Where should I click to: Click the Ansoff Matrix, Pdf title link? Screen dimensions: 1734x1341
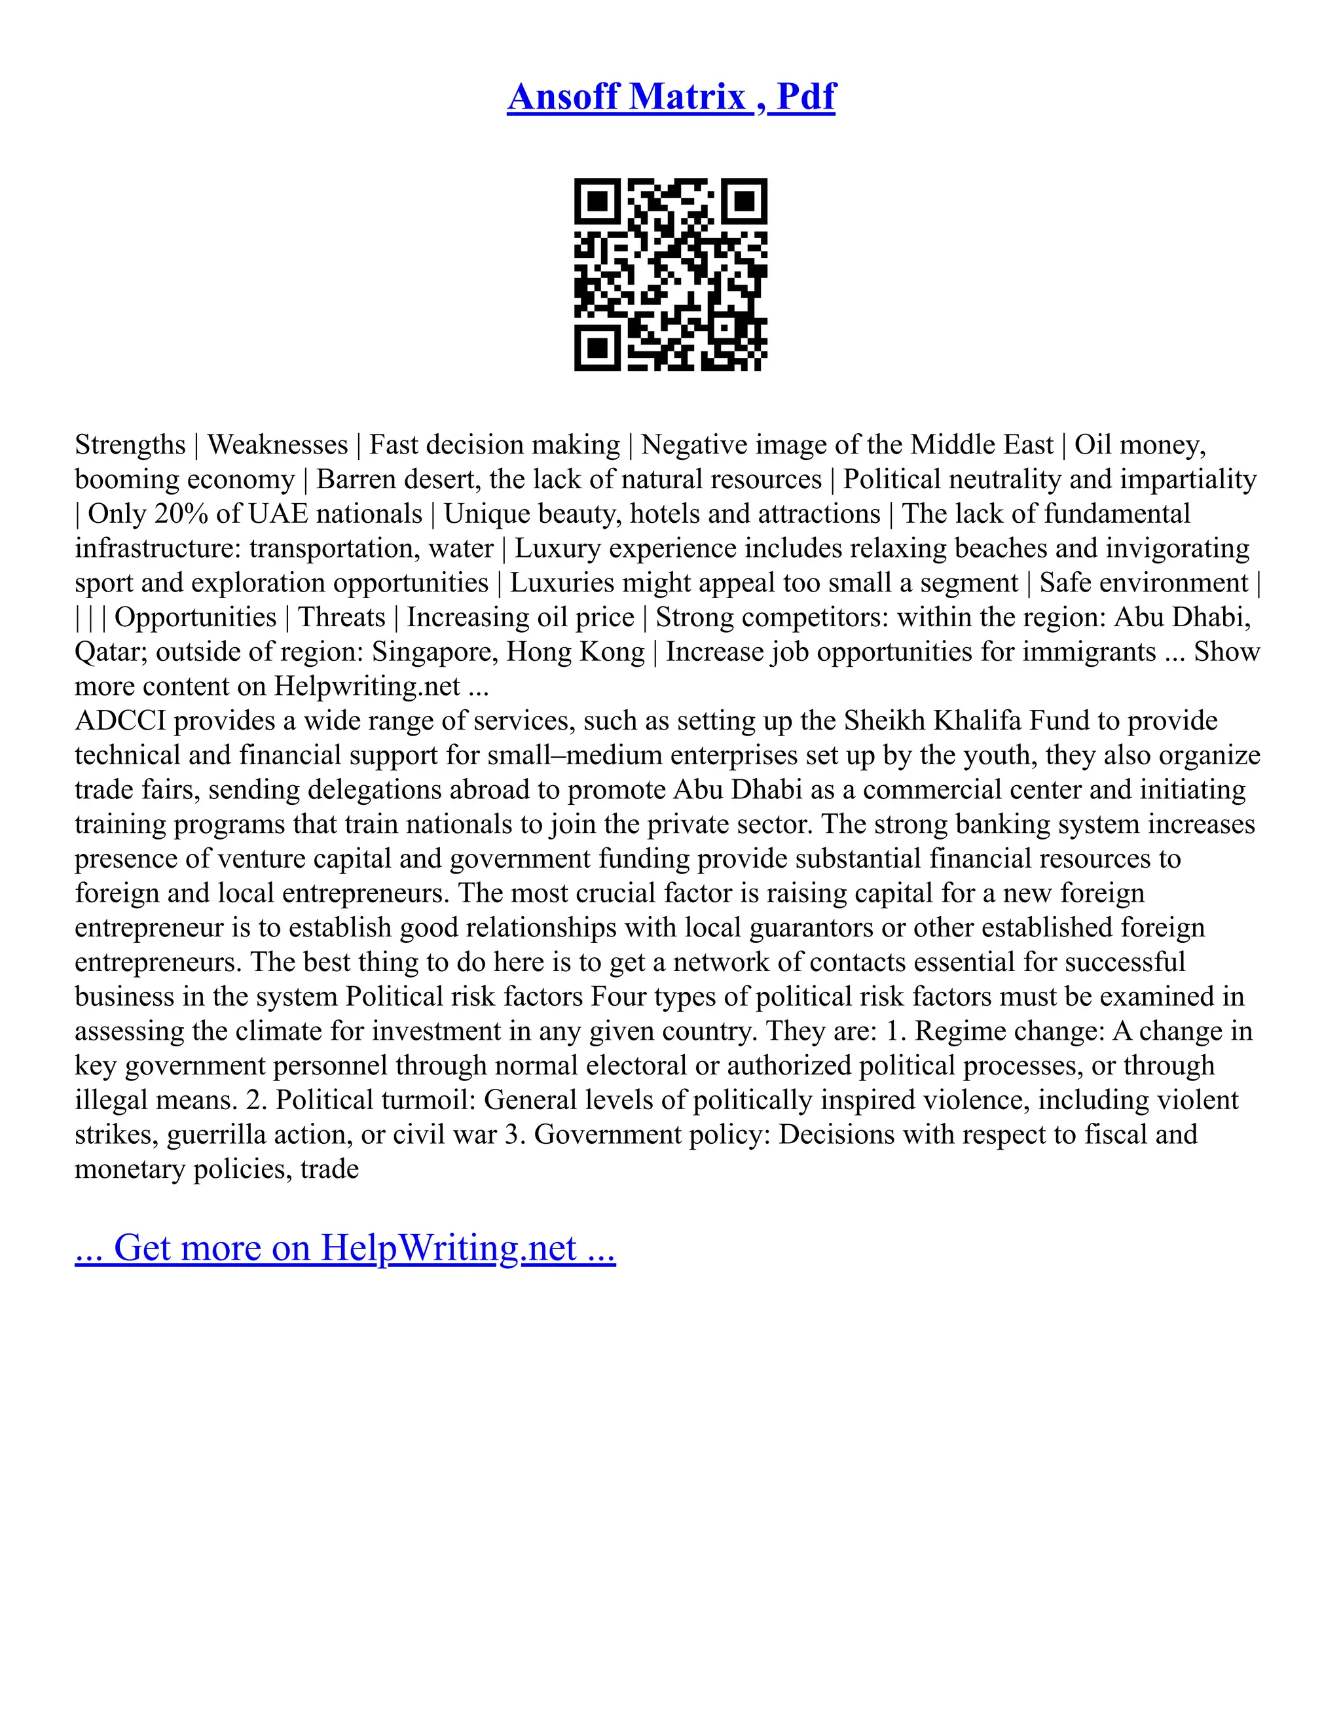click(x=670, y=97)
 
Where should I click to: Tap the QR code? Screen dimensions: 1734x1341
click(x=670, y=274)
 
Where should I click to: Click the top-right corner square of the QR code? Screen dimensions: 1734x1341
click(x=744, y=202)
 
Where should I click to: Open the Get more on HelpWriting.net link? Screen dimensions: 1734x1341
click(x=345, y=1247)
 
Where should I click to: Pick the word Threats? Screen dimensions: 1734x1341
click(x=342, y=617)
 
